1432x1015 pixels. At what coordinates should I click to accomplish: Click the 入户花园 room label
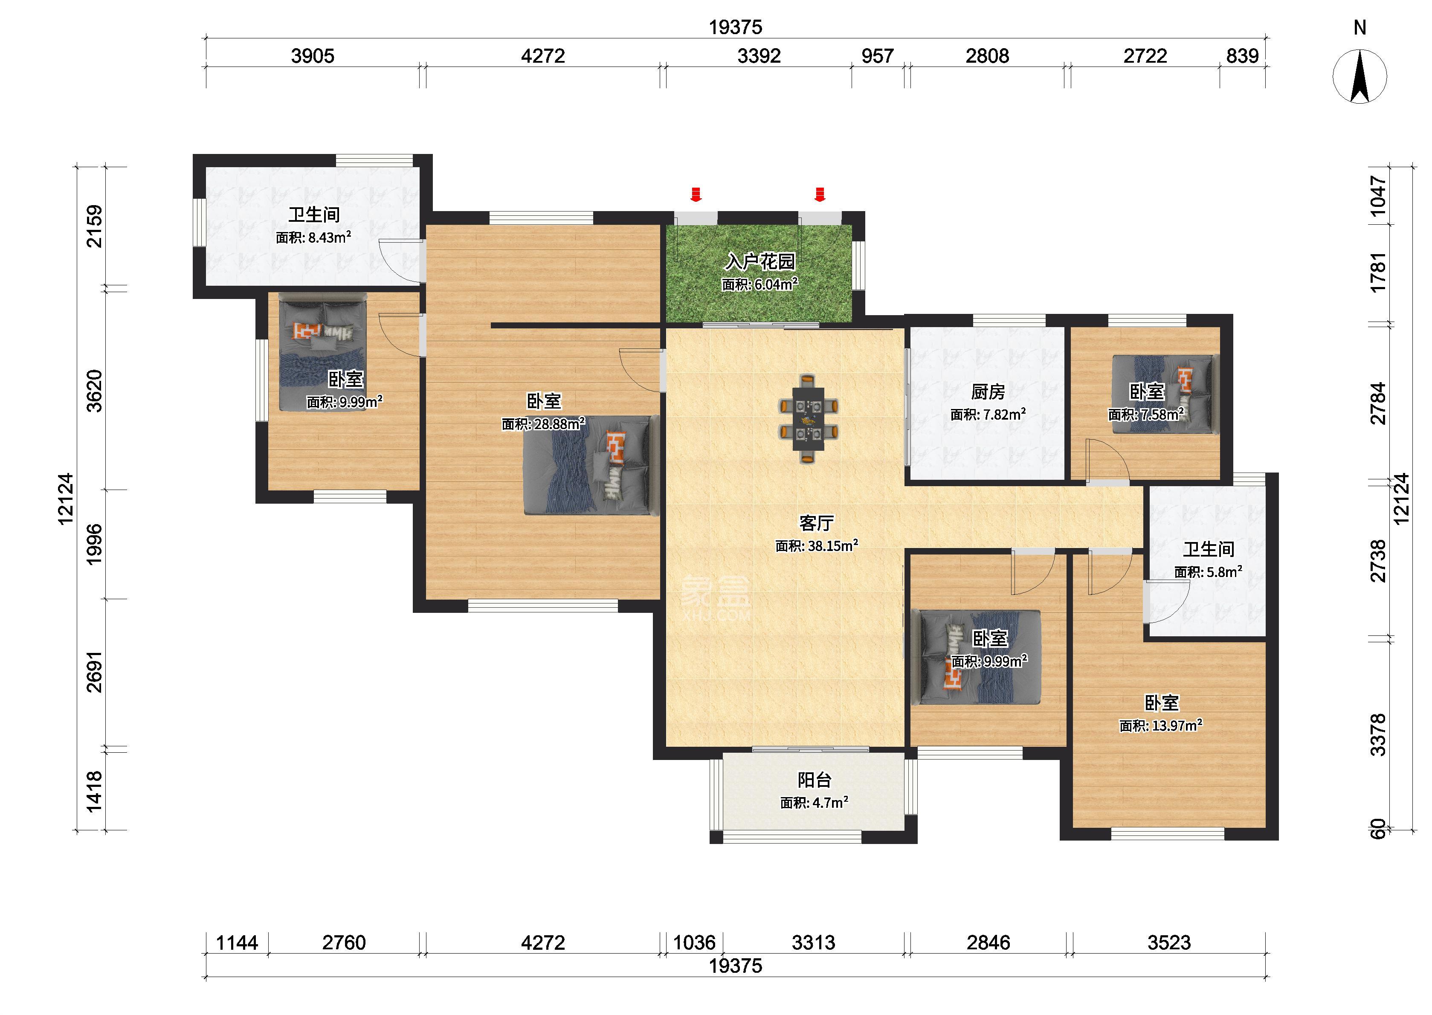coord(760,261)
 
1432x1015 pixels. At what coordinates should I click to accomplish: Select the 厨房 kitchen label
coord(988,392)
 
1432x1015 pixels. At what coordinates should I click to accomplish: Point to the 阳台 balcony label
coord(814,780)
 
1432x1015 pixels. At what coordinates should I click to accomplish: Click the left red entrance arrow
coord(696,194)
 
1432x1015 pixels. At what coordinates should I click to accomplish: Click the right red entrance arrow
coord(820,194)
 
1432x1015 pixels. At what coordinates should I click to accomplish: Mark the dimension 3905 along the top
coord(313,56)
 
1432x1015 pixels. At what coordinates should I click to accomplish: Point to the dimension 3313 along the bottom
coord(814,942)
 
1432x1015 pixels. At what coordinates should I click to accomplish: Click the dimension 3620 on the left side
coord(94,391)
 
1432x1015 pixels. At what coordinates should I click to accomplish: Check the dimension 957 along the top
coord(877,56)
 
